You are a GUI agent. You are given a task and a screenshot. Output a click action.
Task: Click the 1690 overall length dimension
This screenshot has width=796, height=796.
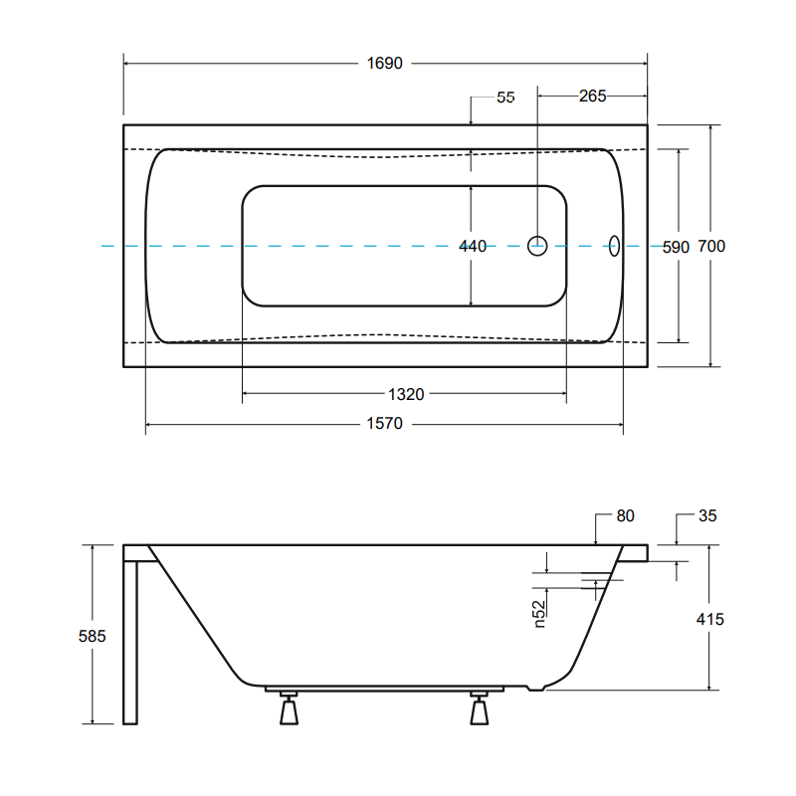[385, 64]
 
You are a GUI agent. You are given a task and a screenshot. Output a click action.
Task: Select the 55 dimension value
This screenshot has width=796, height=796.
[505, 98]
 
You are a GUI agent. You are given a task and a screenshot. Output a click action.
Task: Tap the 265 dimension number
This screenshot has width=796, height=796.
[592, 97]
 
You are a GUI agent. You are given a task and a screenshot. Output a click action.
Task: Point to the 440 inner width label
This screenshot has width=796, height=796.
[473, 246]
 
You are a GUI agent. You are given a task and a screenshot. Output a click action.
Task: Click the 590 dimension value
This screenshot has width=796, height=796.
[676, 247]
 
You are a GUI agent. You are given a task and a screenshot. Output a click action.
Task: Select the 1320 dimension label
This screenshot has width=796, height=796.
[406, 394]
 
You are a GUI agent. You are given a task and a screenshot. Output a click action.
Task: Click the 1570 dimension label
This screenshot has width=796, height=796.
[384, 425]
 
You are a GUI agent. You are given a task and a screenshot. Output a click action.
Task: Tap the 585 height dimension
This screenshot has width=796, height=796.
[91, 635]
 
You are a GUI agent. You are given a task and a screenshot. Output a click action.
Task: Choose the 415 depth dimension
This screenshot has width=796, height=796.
[710, 619]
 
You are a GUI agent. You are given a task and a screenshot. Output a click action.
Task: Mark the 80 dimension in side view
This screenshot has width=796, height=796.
[625, 515]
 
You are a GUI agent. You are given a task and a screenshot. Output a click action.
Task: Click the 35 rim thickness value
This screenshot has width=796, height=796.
[706, 515]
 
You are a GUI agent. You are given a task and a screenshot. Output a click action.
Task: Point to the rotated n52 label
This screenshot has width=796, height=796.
[538, 613]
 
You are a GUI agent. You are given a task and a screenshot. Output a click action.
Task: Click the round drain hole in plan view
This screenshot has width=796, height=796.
[537, 246]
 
